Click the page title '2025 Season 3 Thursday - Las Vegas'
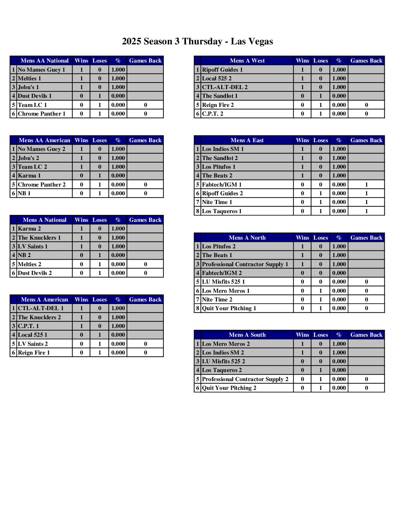click(197, 41)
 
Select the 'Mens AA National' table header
click(44, 61)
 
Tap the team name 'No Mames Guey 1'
click(41, 70)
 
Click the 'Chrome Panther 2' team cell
click(42, 185)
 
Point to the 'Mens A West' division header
click(247, 61)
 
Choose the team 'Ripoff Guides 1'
click(222, 70)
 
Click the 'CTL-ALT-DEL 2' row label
click(225, 87)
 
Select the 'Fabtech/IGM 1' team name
click(222, 185)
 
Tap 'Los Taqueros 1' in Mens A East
click(222, 211)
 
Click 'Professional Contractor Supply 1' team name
click(245, 264)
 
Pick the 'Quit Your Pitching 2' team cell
click(229, 388)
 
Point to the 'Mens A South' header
click(247, 335)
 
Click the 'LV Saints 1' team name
click(33, 247)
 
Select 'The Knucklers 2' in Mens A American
click(39, 317)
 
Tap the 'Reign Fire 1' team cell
click(34, 353)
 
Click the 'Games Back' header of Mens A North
click(366, 238)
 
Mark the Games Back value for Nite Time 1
click(366, 202)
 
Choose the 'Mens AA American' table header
click(44, 140)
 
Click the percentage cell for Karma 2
click(118, 229)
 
